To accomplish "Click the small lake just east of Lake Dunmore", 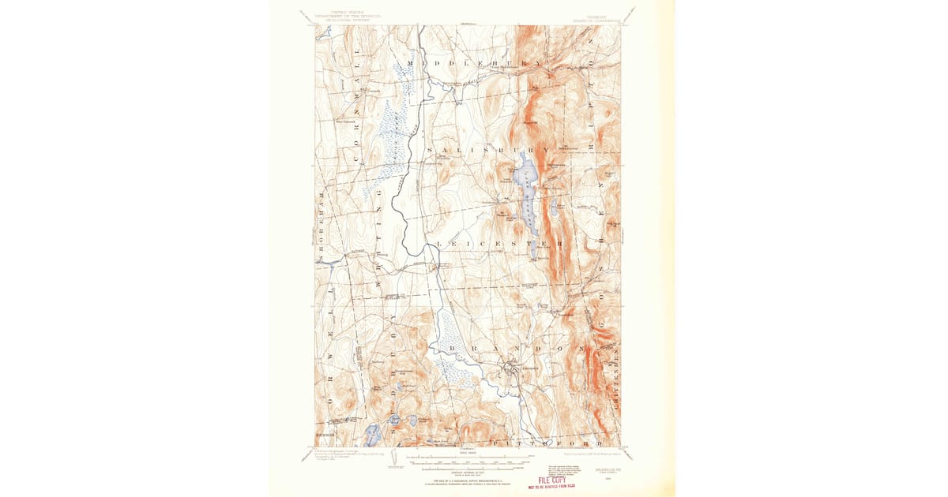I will tap(554, 208).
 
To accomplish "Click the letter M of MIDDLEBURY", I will tap(411, 62).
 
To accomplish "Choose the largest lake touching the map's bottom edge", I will tap(372, 435).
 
